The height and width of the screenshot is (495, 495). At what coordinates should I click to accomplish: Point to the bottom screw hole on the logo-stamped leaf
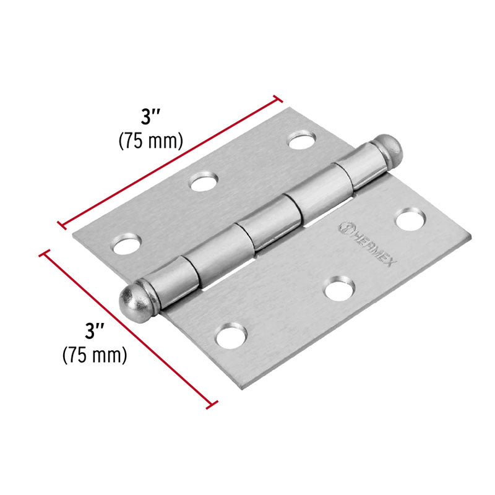[x=230, y=337]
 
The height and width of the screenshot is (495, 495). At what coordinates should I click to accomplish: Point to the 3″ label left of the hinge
[x=95, y=332]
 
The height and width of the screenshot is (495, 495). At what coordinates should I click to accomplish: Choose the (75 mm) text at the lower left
[x=95, y=355]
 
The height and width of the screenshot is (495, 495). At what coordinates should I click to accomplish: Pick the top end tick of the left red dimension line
[x=44, y=254]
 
